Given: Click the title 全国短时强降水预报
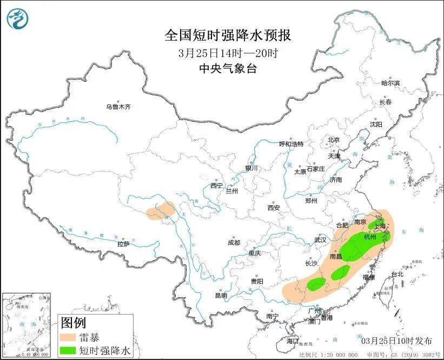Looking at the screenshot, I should pyautogui.click(x=228, y=36).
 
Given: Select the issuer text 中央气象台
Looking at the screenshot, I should pyautogui.click(x=228, y=68).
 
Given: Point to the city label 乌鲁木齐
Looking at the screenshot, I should pyautogui.click(x=118, y=107).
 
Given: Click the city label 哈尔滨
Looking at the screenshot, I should pyautogui.click(x=390, y=83).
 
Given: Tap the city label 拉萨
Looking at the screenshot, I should pyautogui.click(x=124, y=244).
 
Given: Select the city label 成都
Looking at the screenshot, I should pyautogui.click(x=234, y=243).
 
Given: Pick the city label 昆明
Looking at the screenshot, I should pyautogui.click(x=221, y=296).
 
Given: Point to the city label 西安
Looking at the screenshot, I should pyautogui.click(x=273, y=207).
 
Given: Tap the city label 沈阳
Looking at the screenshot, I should pyautogui.click(x=376, y=124).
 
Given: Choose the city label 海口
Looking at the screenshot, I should pyautogui.click(x=293, y=341).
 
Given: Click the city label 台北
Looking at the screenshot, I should pyautogui.click(x=397, y=274).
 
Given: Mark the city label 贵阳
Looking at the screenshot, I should pyautogui.click(x=257, y=281).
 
